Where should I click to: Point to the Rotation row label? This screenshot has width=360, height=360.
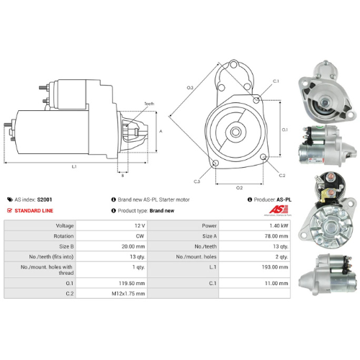[x=63, y=235]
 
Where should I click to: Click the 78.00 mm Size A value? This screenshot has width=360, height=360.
[x=274, y=235]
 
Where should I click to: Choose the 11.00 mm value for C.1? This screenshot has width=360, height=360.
[x=274, y=283]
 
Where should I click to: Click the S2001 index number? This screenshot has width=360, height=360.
[x=45, y=199]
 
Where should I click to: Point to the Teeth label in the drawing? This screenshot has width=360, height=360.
[x=150, y=104]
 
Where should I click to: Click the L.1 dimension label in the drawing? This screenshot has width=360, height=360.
[x=74, y=167]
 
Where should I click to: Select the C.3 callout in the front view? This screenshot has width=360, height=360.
[x=197, y=181]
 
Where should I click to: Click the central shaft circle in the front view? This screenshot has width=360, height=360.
[x=237, y=131]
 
